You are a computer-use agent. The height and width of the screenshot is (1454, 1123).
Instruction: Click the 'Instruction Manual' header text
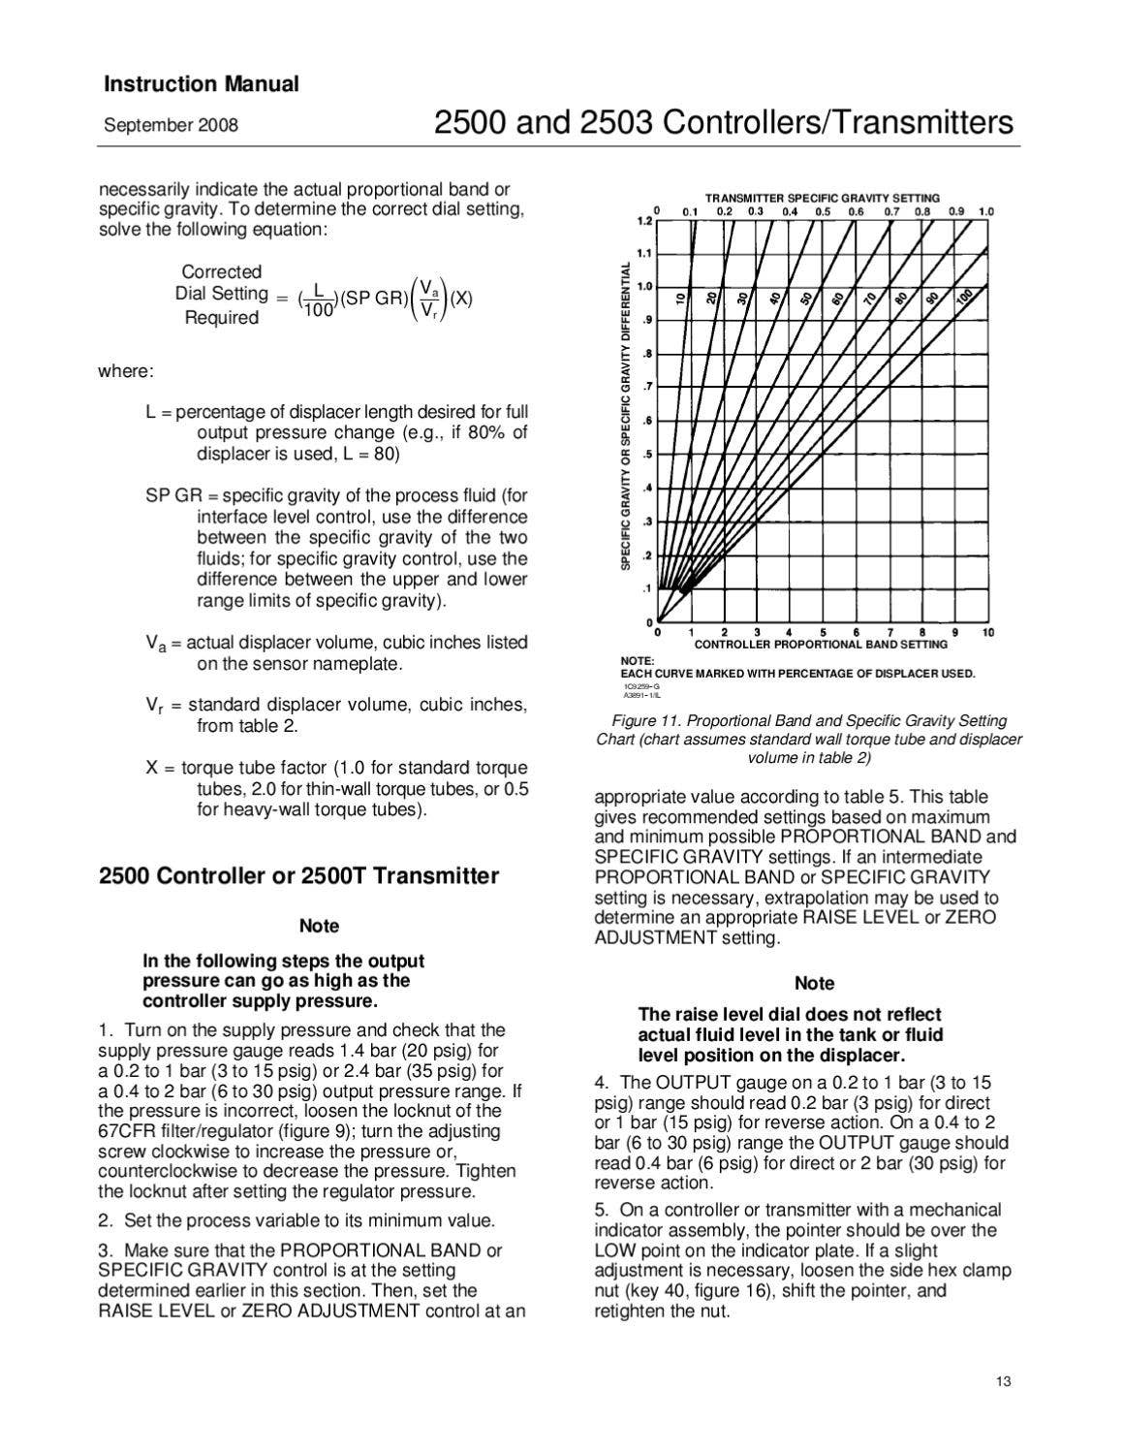201,84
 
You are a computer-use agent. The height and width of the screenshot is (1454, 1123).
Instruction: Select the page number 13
1003,1381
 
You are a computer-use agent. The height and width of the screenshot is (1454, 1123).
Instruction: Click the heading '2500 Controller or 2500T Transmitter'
298,876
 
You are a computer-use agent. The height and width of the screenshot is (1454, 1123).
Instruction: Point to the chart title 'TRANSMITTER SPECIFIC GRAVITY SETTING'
822,198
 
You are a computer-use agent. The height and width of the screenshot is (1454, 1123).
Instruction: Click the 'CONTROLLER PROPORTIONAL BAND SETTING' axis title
821,645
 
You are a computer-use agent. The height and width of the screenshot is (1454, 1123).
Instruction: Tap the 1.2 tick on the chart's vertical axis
644,221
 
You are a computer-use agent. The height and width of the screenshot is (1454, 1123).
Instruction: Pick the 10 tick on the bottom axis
987,633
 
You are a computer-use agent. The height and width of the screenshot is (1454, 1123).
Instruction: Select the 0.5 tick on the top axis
823,211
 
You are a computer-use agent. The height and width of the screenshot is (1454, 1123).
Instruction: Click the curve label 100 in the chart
963,298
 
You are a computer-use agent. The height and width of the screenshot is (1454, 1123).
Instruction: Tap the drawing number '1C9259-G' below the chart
641,686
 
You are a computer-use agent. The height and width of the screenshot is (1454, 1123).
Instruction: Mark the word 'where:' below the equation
125,372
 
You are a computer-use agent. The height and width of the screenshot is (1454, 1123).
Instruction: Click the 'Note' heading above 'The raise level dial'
814,983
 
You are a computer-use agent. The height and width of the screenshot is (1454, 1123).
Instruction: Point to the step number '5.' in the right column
601,1210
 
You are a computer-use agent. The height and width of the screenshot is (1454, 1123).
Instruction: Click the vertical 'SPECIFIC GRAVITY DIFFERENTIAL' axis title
626,415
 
